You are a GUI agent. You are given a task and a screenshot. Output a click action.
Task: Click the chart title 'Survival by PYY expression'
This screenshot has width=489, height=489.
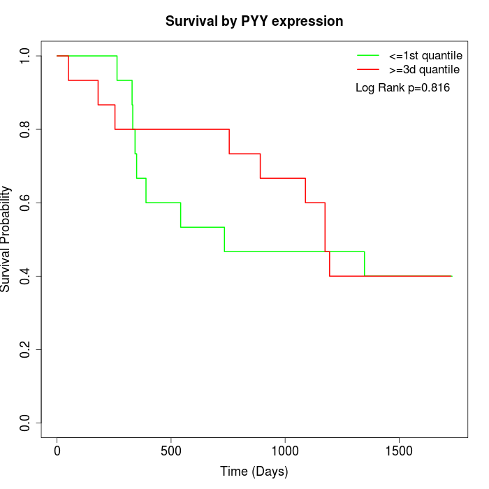coord(254,22)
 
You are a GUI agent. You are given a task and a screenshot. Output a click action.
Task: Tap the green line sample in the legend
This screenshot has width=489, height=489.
coord(367,55)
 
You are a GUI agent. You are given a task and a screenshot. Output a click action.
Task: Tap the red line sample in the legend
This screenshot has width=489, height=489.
coord(367,70)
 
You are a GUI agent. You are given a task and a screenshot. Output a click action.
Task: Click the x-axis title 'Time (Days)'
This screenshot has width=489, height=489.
coord(254,472)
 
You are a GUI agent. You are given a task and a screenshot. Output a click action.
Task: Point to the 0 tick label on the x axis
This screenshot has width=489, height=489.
coord(57,451)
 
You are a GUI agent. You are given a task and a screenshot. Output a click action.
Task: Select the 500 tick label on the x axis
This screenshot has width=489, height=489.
coord(171,451)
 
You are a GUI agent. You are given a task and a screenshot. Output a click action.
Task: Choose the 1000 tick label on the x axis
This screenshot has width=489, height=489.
coord(285,451)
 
